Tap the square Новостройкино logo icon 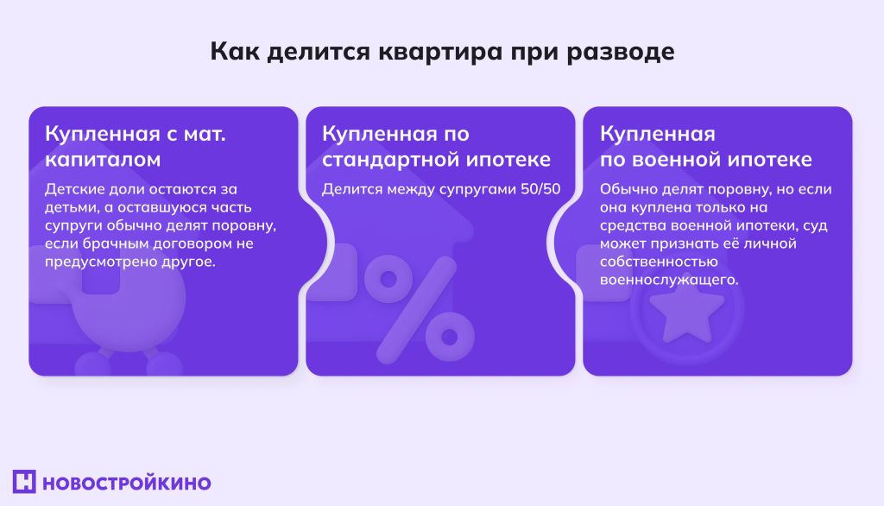click(x=24, y=482)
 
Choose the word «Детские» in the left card click(x=72, y=188)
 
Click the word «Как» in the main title click(x=233, y=52)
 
